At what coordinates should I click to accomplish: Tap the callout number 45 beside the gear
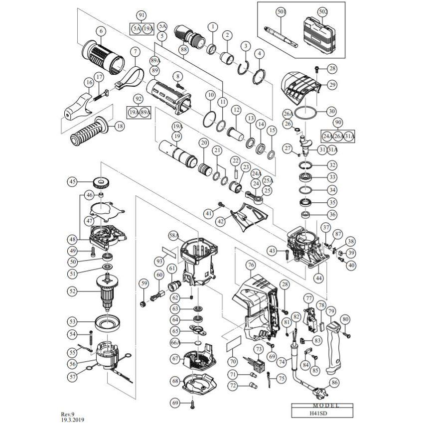pos(73,181)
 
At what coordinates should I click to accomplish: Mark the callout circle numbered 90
pos(339,122)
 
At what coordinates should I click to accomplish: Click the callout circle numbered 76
pos(250,264)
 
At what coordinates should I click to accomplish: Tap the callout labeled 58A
pos(173,234)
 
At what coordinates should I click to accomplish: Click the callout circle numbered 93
pos(159,261)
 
